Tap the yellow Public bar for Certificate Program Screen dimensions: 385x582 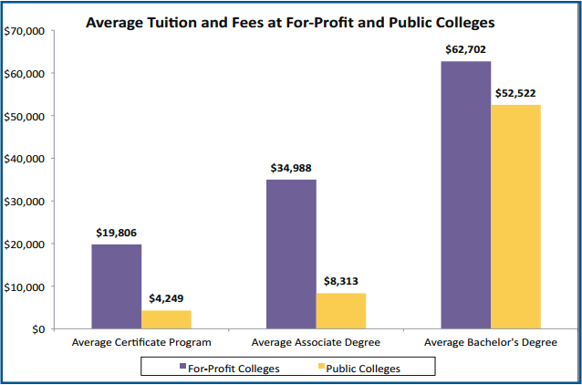click(166, 319)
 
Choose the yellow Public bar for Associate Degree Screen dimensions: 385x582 click(341, 310)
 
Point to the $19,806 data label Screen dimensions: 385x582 click(116, 233)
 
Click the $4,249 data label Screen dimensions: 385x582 click(166, 299)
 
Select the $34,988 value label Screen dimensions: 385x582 click(291, 168)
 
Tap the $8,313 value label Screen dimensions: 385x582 click(341, 282)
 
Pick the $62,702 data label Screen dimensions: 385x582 click(465, 49)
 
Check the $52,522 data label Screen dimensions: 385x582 click(516, 93)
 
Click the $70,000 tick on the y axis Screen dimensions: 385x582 click(25, 31)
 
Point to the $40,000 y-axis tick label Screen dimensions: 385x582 click(25, 159)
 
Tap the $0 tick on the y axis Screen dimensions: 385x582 click(36, 329)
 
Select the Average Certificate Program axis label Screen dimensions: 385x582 click(141, 343)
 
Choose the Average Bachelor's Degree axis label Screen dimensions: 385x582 click(491, 343)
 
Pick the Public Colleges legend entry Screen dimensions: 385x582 click(360, 368)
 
